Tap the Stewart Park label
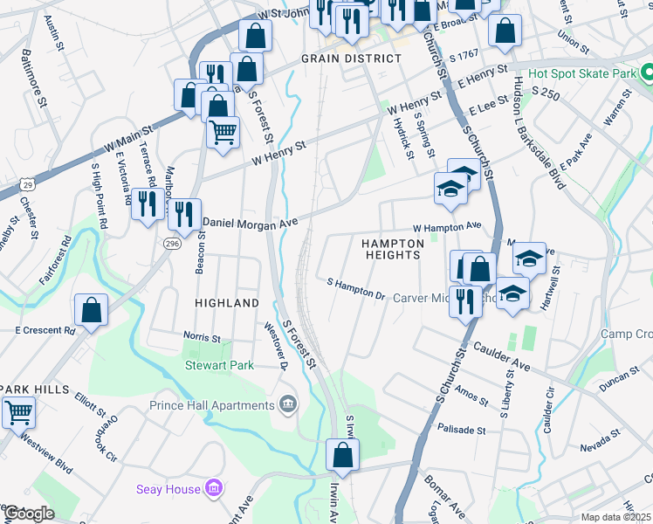click(x=219, y=365)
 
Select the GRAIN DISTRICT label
click(x=351, y=59)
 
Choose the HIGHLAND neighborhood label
click(x=227, y=303)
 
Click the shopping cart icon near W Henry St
click(x=223, y=133)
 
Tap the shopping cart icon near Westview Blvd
click(x=18, y=411)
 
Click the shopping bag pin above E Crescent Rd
click(x=91, y=309)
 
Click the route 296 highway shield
click(x=172, y=244)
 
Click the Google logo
click(x=28, y=514)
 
